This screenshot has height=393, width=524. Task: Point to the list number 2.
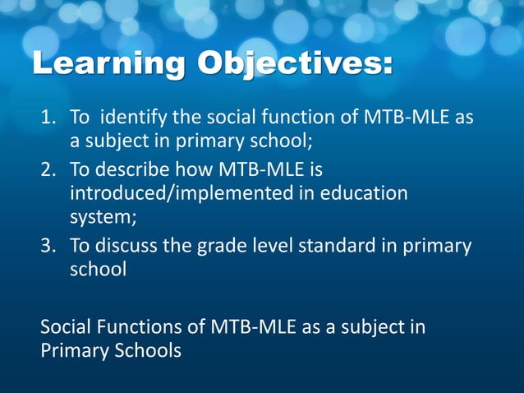(x=48, y=170)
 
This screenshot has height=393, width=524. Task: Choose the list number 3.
(x=48, y=246)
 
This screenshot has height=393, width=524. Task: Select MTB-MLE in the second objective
(x=259, y=170)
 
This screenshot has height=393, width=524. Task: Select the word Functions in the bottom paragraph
(x=139, y=326)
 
